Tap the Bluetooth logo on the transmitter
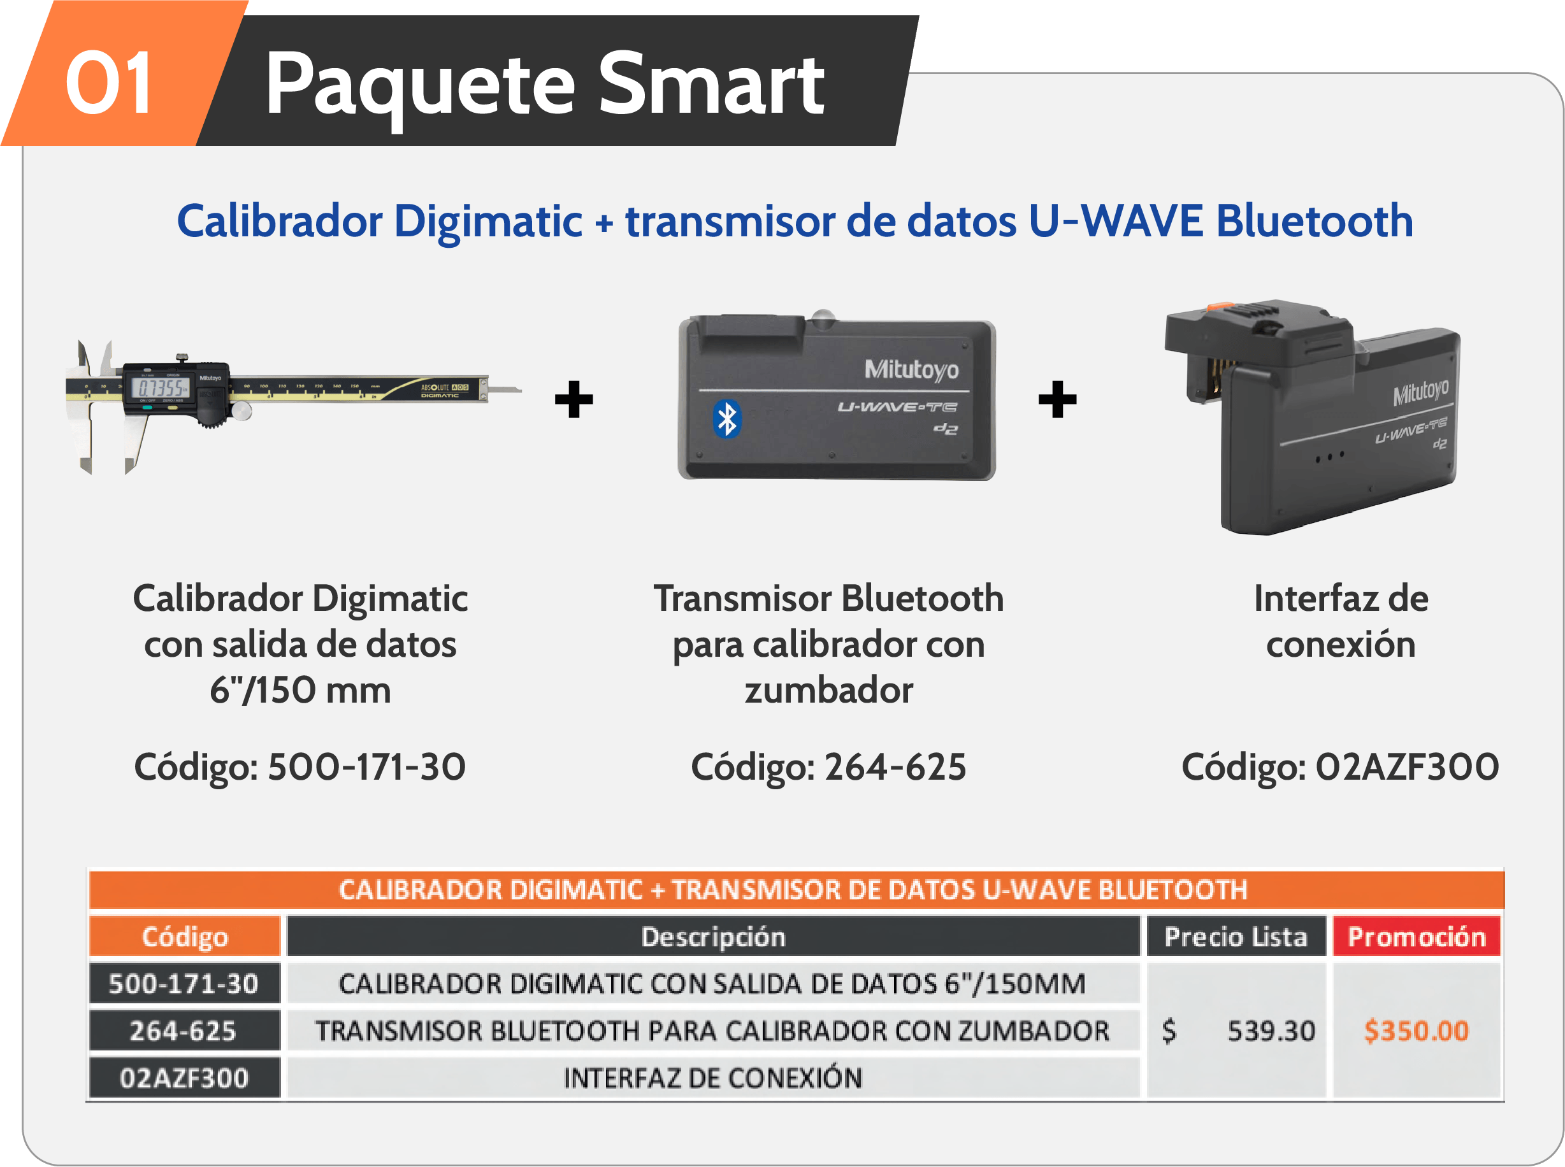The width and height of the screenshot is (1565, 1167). click(x=726, y=419)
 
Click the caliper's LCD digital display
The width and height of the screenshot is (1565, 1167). click(x=161, y=387)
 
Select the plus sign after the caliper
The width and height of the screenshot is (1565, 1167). click(x=573, y=399)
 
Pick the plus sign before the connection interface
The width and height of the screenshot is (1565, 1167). click(x=1057, y=399)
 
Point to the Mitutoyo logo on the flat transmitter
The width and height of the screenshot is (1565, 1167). click(x=911, y=369)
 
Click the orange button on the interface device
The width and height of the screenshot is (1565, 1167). click(x=1216, y=306)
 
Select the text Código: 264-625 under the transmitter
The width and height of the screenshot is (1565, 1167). click(x=828, y=766)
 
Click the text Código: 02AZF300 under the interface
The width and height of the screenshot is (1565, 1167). click(x=1339, y=766)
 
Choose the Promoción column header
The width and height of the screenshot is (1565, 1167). click(x=1416, y=936)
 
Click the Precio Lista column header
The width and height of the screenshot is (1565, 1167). click(x=1236, y=936)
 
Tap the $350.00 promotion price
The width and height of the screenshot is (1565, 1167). click(x=1416, y=1031)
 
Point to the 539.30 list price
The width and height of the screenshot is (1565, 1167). click(x=1271, y=1031)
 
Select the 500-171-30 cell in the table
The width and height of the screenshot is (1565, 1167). click(x=184, y=984)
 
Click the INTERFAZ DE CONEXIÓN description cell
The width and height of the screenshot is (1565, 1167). click(x=713, y=1078)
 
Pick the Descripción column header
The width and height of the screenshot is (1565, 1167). click(x=713, y=936)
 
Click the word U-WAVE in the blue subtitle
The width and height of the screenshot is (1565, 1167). click(x=1116, y=220)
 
